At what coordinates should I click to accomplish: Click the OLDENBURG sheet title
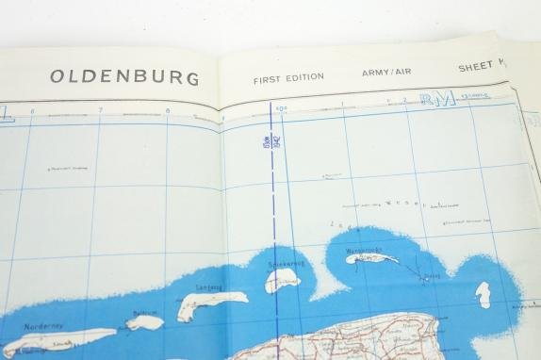(x=124, y=76)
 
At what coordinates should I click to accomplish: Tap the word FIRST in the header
(x=270, y=77)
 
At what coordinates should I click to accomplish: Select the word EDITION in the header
(x=306, y=76)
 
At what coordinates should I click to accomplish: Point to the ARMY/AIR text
(x=385, y=73)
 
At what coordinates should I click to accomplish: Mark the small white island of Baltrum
(x=145, y=322)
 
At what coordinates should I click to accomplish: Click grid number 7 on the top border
(x=100, y=110)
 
